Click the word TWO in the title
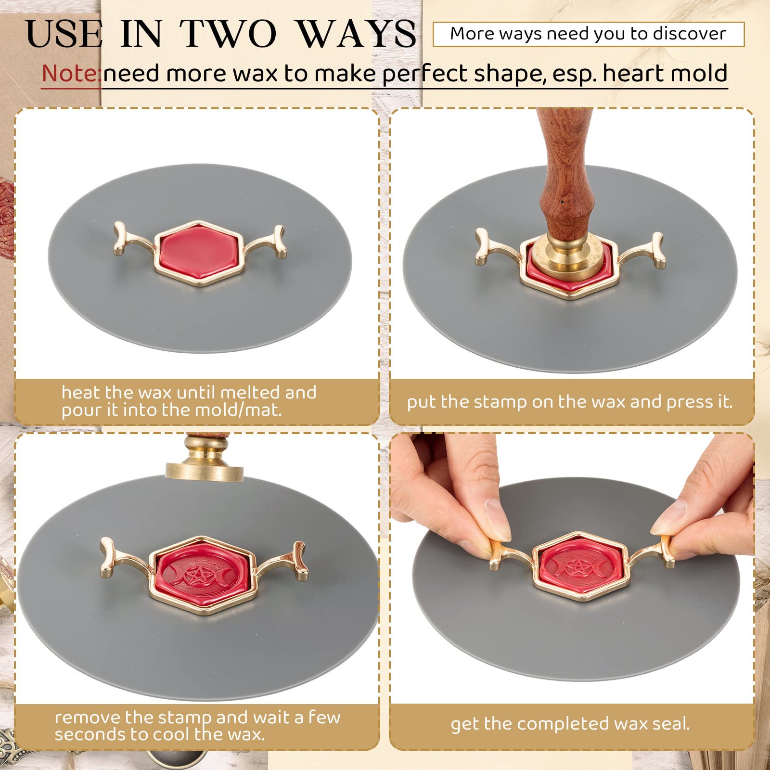pos(228,34)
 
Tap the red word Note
pos(70,74)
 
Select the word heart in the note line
pos(628,74)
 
